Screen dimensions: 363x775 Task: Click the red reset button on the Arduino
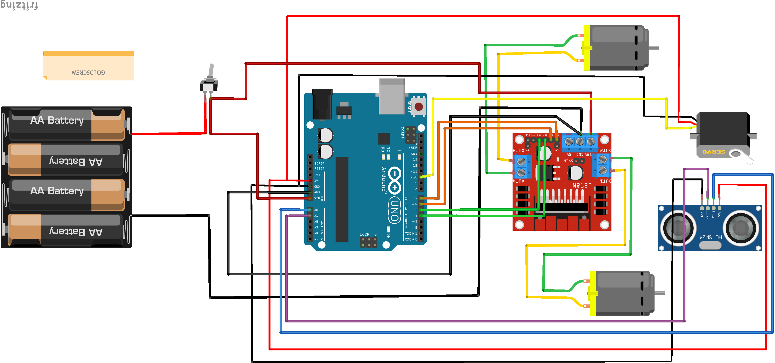418,106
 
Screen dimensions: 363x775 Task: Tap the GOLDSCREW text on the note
88,72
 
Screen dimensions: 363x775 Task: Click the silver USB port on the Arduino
392,96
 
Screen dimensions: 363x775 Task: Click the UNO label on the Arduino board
394,211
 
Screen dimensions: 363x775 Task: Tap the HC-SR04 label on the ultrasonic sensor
711,237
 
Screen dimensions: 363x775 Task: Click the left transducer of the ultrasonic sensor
678,228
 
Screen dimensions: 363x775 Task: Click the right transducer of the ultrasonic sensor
741,228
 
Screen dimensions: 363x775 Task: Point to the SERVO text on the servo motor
714,152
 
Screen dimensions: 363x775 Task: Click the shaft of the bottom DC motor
659,293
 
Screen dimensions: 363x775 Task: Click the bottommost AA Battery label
76,232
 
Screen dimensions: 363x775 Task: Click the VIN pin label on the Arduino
317,198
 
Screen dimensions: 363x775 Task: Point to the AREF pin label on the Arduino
413,148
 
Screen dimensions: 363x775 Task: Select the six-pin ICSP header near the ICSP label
369,242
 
